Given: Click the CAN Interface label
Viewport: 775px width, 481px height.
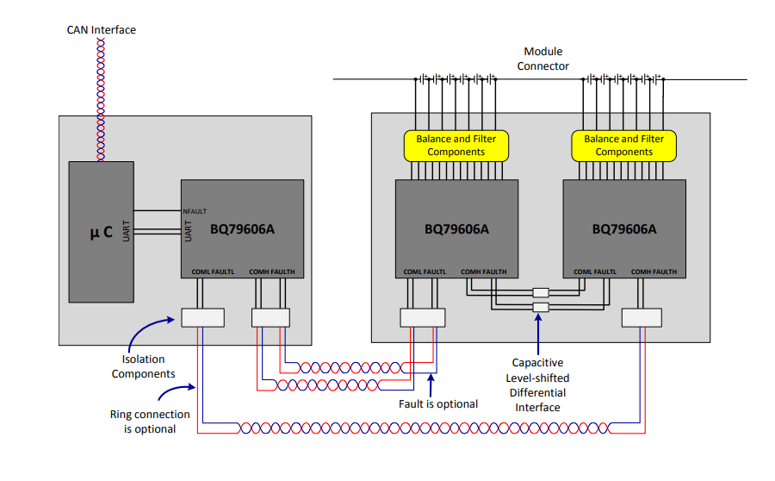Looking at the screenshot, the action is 102,29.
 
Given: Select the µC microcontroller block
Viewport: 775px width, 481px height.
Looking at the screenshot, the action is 102,232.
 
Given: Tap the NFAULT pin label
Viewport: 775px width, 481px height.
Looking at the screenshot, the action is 195,211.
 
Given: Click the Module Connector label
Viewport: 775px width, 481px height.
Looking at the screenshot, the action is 542,59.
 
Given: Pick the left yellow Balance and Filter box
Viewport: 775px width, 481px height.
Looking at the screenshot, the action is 456,146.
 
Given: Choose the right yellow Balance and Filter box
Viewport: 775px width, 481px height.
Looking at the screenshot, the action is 623,146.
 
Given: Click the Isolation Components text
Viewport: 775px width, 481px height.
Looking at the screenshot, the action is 143,366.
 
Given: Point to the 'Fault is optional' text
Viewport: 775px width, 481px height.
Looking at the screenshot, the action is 438,403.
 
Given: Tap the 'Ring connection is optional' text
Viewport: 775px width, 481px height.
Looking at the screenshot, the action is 150,422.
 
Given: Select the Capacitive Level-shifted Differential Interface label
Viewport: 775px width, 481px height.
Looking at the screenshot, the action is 537,385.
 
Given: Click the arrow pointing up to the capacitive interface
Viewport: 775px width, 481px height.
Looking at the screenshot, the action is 538,334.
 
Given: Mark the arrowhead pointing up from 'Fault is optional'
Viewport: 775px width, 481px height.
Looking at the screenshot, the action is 431,378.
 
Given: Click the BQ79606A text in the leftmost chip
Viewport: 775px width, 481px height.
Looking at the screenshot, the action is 242,229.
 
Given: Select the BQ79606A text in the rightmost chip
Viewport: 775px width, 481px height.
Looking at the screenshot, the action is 624,229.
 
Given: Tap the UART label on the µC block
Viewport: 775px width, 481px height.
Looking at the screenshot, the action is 126,231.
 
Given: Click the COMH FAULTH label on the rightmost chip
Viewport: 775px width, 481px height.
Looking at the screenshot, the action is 654,272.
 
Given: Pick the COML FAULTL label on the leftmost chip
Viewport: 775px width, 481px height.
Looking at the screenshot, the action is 213,272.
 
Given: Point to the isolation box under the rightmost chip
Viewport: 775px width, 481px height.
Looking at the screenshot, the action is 642,318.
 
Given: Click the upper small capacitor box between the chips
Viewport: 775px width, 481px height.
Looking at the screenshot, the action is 541,292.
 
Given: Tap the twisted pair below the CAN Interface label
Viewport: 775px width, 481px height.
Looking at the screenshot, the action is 101,100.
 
